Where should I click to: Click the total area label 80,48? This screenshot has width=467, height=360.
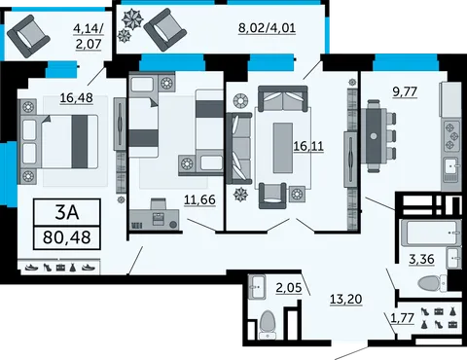coord(67,237)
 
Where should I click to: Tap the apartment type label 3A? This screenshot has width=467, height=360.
coord(67,212)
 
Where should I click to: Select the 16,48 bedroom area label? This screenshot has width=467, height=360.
coord(77,97)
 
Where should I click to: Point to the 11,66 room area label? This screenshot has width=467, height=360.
coord(199,199)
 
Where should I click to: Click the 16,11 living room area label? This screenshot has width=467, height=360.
coord(308,146)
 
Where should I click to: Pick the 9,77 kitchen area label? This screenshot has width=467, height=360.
coord(405,91)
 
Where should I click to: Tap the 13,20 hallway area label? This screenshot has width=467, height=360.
coord(346,299)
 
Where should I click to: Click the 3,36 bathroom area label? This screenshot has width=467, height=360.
coord(421,259)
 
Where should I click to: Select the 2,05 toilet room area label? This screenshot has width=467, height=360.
coord(289,287)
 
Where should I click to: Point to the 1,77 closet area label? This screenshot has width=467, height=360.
coord(403,318)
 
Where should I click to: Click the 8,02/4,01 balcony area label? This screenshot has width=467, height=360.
coord(267,27)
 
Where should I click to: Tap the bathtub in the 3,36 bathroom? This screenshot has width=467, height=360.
coord(431,233)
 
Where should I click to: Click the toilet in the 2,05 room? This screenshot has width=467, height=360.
coord(268,324)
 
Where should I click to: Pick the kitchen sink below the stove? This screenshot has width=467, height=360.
coord(451,165)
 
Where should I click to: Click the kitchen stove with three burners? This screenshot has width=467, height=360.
coord(451,135)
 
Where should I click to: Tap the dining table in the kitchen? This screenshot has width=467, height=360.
coord(374,136)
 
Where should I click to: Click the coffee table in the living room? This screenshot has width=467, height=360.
coord(283,148)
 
